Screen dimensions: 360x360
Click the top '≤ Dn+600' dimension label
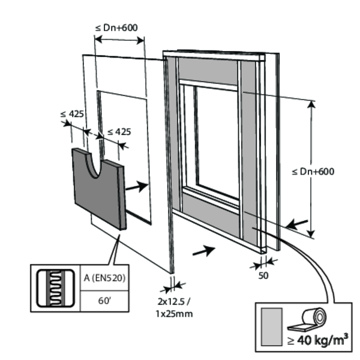[119, 27]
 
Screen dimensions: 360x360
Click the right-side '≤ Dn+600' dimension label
[313, 172]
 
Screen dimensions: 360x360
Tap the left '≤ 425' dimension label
[72, 113]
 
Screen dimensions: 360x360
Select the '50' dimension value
[263, 275]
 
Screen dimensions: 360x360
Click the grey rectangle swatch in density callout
[271, 328]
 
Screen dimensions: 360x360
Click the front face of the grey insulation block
[96, 192]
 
